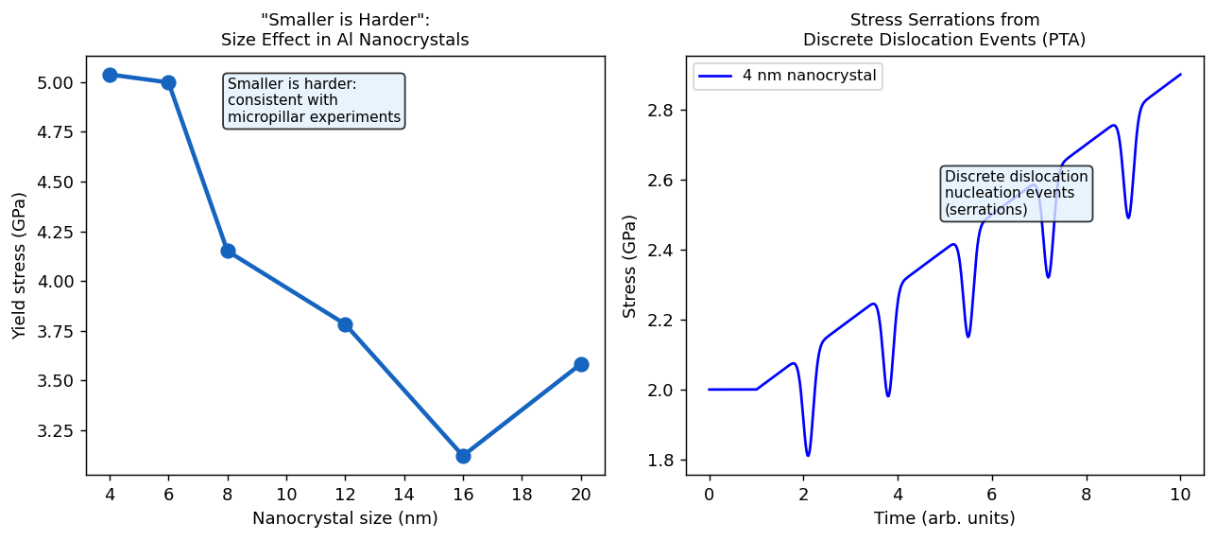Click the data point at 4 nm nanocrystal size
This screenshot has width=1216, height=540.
tap(110, 75)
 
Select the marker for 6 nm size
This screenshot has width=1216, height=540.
tap(168, 82)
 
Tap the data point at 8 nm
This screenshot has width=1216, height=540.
tap(228, 251)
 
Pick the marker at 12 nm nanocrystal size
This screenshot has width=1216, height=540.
tap(345, 324)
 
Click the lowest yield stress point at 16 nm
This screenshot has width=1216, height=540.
tap(463, 456)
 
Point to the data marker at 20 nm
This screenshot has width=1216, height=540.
tap(581, 364)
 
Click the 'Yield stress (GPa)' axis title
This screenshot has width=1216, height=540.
tap(19, 266)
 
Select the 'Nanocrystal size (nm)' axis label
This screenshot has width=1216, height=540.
tap(345, 518)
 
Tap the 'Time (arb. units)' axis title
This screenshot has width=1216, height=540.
tap(945, 518)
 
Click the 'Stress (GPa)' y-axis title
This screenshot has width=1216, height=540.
tap(630, 266)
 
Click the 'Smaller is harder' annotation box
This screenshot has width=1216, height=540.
tap(315, 100)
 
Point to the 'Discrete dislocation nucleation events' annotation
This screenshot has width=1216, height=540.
tap(1016, 193)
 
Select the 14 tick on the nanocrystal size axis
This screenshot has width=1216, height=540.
tap(404, 494)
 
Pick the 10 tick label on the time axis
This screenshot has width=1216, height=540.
tap(1180, 494)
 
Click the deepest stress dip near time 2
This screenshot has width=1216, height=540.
tap(808, 456)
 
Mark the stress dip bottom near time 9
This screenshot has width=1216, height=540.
tap(1128, 218)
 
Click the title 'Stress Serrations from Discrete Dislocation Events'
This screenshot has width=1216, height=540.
tap(944, 29)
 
